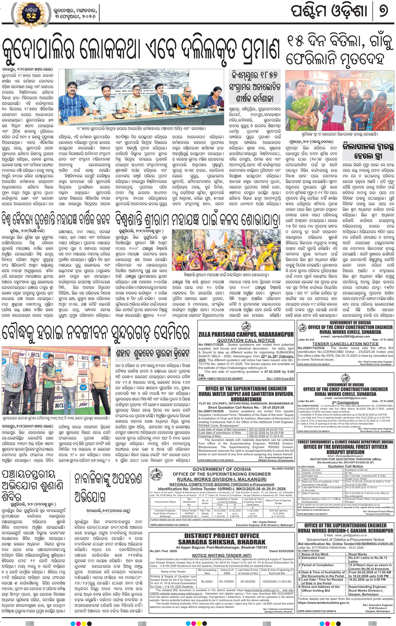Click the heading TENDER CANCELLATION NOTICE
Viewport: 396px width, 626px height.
pyautogui.click(x=345, y=344)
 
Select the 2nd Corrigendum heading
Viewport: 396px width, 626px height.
pyautogui.click(x=345, y=402)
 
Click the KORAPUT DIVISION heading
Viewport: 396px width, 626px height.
pyautogui.click(x=345, y=452)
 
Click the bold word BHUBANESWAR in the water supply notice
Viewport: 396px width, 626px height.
pyautogui.click(x=246, y=399)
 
